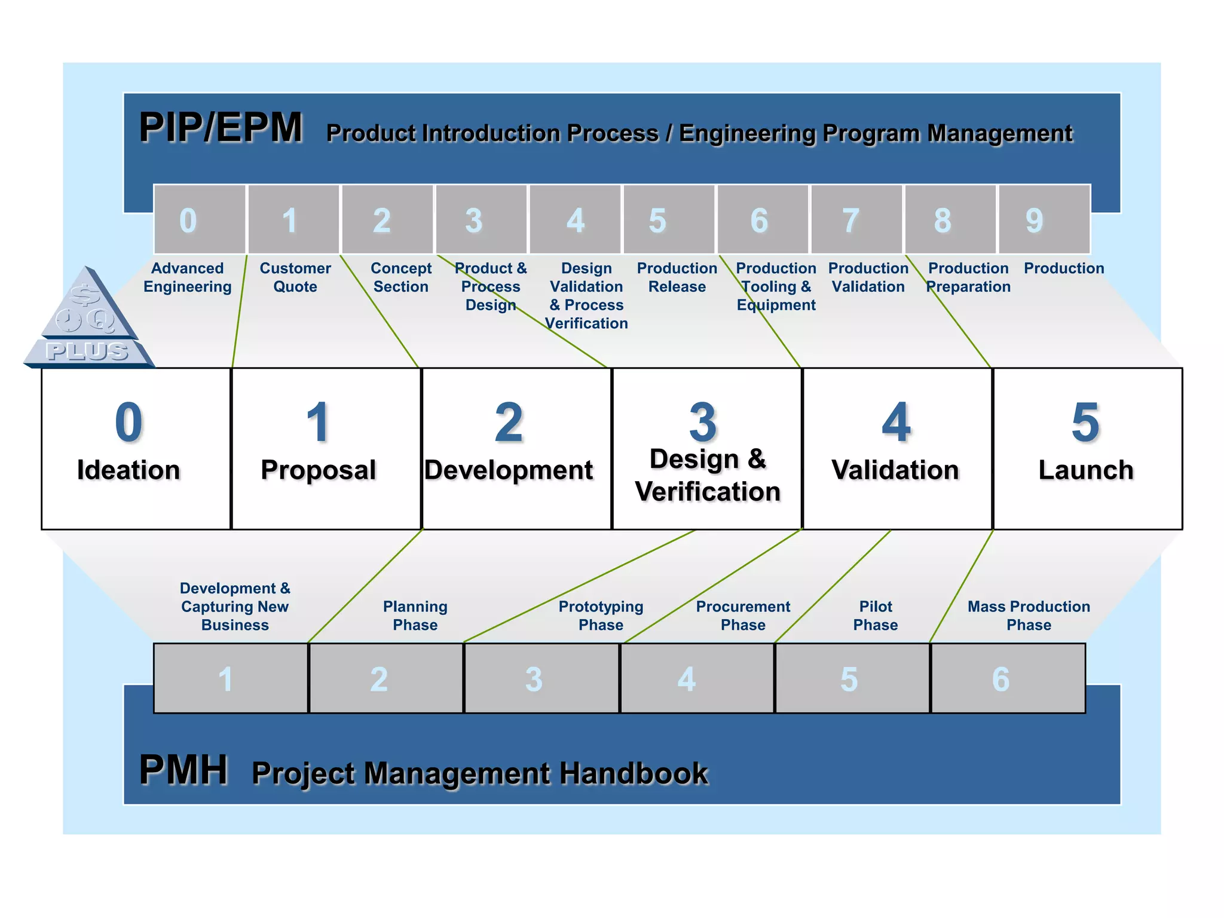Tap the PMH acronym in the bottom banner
pyautogui.click(x=183, y=770)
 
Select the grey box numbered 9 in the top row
pyautogui.click(x=1044, y=220)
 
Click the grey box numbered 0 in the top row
pyautogui.click(x=200, y=220)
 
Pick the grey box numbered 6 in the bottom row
pyautogui.click(x=1008, y=678)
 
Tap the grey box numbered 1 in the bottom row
pyautogui.click(x=231, y=678)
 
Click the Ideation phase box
pyautogui.click(x=136, y=449)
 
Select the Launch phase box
pyautogui.click(x=1087, y=449)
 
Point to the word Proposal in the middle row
pyautogui.click(x=319, y=470)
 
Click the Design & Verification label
pyautogui.click(x=708, y=476)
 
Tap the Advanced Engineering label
pyautogui.click(x=188, y=277)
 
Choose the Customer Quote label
pyautogui.click(x=295, y=277)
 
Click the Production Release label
pyautogui.click(x=677, y=277)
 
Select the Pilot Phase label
pyautogui.click(x=876, y=616)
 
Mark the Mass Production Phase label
pyautogui.click(x=1029, y=616)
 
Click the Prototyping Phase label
pyautogui.click(x=601, y=616)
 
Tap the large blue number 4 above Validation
pyautogui.click(x=896, y=423)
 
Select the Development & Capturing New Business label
pyautogui.click(x=235, y=607)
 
